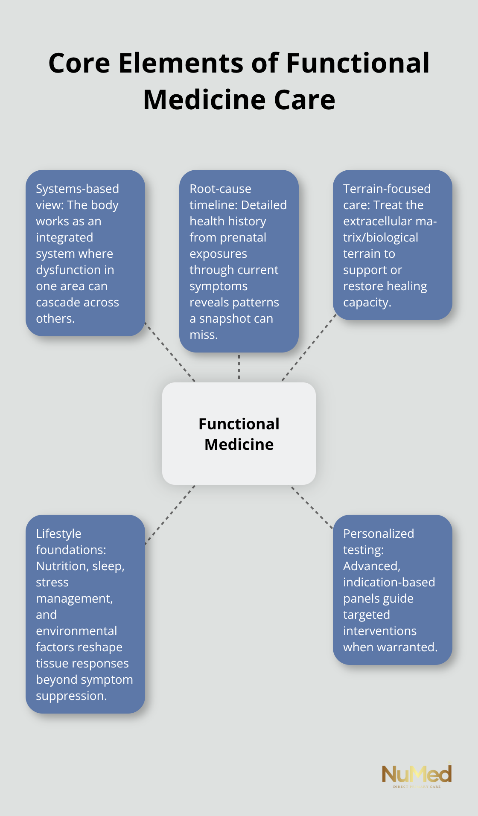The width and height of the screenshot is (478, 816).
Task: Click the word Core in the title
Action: point(79,63)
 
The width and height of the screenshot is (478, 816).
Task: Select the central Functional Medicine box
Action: point(239,434)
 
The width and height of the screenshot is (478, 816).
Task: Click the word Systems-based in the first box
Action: point(77,189)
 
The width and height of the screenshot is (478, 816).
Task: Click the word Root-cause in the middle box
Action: point(220,189)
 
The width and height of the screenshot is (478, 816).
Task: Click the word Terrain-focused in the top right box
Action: point(387,189)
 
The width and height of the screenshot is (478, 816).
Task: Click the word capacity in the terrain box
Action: point(367,302)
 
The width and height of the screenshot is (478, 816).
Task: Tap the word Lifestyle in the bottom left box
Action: point(58,533)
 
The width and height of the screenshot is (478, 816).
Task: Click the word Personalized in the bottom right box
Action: point(379,533)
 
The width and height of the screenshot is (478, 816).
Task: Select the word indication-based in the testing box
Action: point(389,582)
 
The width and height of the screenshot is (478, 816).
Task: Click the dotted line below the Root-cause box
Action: point(239,367)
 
